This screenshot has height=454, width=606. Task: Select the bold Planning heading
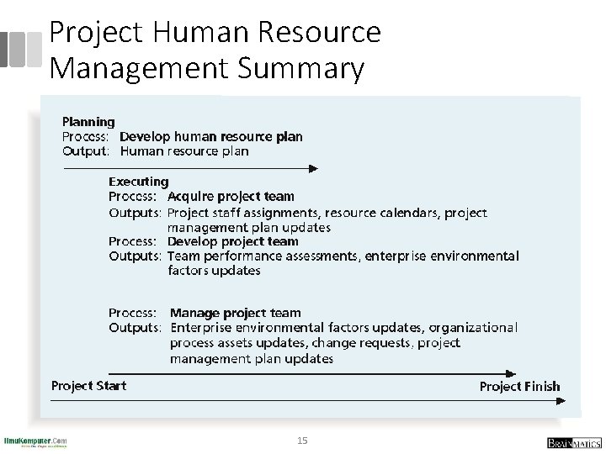point(88,122)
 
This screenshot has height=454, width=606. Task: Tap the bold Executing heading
point(139,181)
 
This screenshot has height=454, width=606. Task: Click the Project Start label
point(88,386)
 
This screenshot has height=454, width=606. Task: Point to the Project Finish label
point(519,387)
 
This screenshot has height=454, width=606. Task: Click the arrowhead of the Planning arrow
point(313,168)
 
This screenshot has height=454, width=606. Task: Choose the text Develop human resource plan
point(211,136)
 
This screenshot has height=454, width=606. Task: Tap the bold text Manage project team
point(235,313)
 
